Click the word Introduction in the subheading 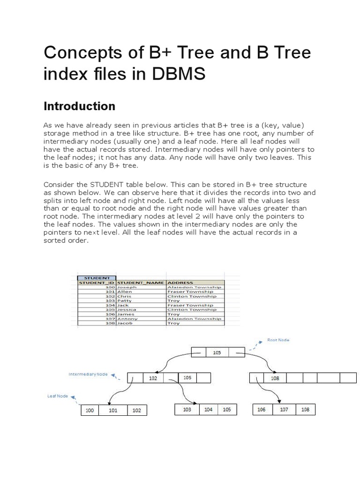tap(79, 106)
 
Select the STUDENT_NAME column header tap(141, 283)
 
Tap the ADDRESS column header tap(178, 283)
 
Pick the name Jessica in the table tap(127, 309)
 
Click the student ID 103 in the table tap(111, 300)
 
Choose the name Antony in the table tap(127, 318)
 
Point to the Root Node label tap(278, 340)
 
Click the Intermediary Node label tap(88, 375)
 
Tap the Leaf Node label tap(58, 396)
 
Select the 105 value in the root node tap(217, 352)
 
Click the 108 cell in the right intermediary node tap(275, 378)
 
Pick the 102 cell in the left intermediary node tap(153, 378)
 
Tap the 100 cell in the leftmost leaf tap(90, 411)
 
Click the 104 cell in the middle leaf tap(208, 409)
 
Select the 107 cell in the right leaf tap(284, 409)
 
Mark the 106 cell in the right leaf tap(262, 409)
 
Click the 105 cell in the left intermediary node tap(187, 377)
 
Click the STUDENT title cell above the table tap(97, 278)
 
